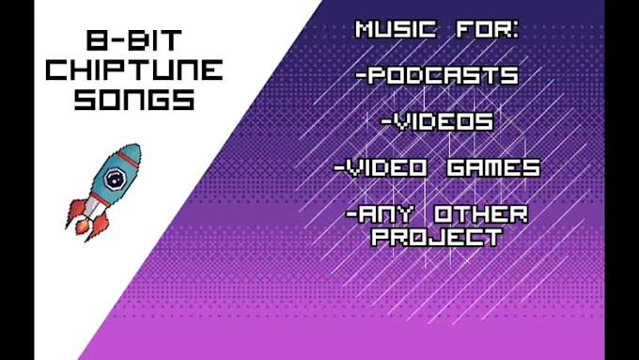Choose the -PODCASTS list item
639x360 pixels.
pyautogui.click(x=438, y=76)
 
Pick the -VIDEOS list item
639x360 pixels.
pyautogui.click(x=437, y=121)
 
